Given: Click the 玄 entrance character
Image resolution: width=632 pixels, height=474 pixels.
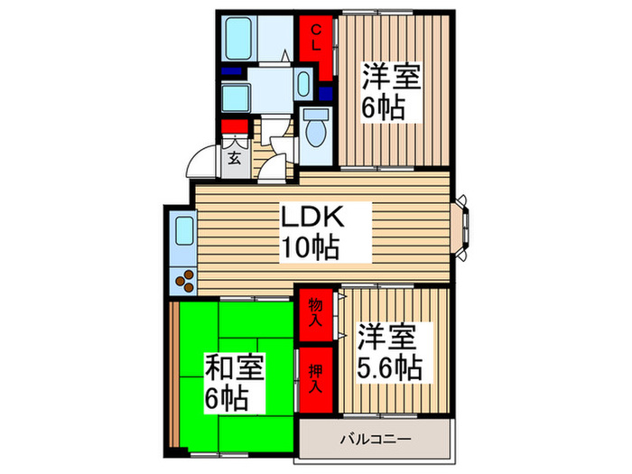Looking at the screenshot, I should coord(234,159).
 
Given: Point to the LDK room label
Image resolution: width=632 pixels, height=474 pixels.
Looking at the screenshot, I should coord(312,218).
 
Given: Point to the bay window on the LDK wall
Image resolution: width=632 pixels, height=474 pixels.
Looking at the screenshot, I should coord(463,226).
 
